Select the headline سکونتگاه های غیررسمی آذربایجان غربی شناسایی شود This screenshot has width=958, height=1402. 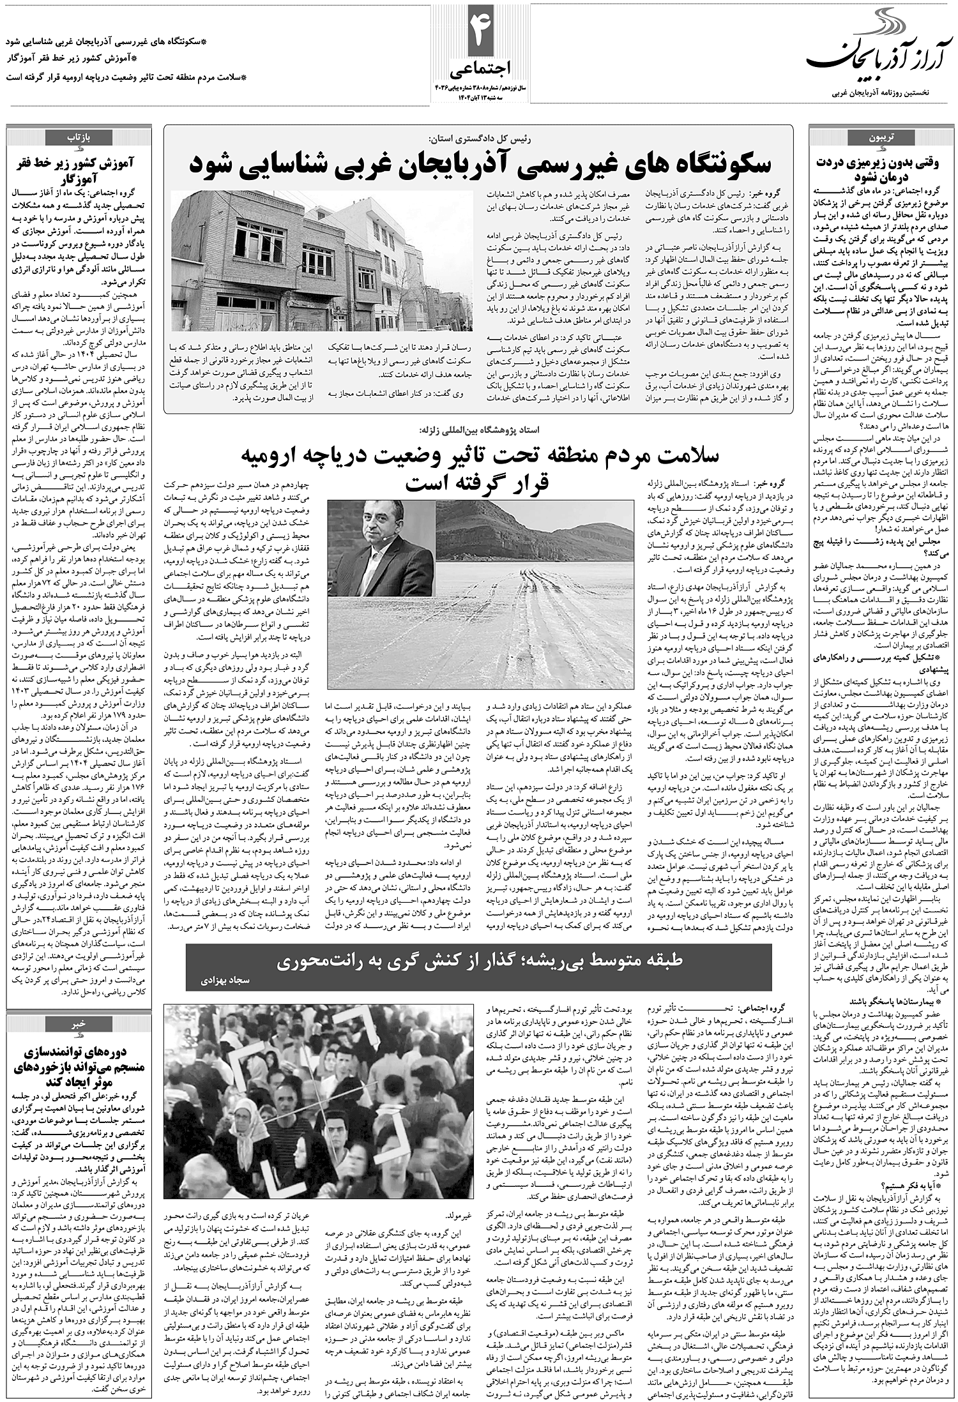(x=479, y=164)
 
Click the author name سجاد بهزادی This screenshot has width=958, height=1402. (x=221, y=977)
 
